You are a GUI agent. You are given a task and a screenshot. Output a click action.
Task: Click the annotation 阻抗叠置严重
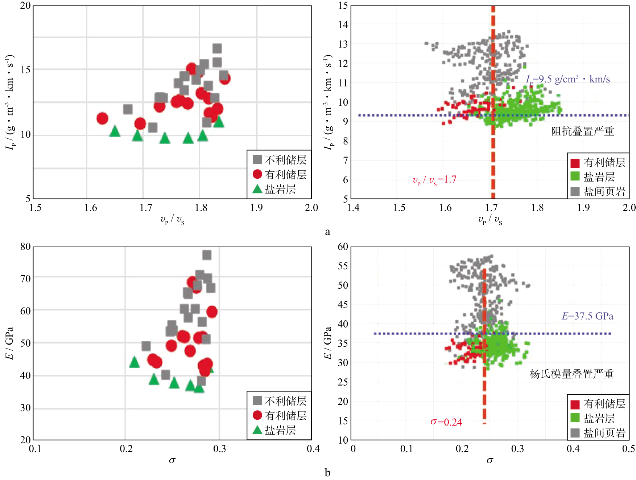tap(582, 131)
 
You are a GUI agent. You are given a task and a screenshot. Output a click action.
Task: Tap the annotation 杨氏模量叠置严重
tap(571, 374)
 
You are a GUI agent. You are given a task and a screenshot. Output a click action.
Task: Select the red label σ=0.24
tap(446, 422)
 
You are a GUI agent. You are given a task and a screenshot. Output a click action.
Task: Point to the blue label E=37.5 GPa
tap(587, 316)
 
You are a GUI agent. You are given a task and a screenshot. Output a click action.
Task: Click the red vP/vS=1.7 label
tap(434, 180)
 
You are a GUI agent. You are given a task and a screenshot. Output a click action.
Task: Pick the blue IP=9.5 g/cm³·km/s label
tap(568, 80)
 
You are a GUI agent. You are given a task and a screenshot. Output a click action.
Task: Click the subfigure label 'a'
tap(327, 232)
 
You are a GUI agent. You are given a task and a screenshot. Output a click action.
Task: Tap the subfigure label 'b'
tap(327, 473)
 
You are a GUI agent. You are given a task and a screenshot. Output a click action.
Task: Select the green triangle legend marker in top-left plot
tap(257, 189)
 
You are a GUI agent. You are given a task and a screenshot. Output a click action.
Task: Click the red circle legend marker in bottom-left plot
tap(257, 415)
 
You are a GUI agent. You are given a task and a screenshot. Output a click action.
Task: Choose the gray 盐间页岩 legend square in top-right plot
tap(575, 191)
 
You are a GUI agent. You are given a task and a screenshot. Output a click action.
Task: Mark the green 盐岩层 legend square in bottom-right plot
tap(575, 418)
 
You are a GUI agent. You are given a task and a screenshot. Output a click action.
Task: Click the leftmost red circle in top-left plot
tap(103, 118)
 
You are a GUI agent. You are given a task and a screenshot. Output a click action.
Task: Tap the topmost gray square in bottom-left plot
tap(207, 255)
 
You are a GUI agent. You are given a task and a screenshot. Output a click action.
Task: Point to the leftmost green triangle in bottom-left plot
tap(135, 362)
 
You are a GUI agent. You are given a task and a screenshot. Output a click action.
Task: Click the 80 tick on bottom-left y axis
tap(25, 247)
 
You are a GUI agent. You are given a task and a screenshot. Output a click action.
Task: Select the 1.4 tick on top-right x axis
tap(353, 208)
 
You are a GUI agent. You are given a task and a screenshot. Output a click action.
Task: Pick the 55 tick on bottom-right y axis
tap(343, 266)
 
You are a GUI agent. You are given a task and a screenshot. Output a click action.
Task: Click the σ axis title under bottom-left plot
tap(172, 460)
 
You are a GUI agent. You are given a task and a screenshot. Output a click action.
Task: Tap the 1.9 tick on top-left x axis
tap(256, 208)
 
